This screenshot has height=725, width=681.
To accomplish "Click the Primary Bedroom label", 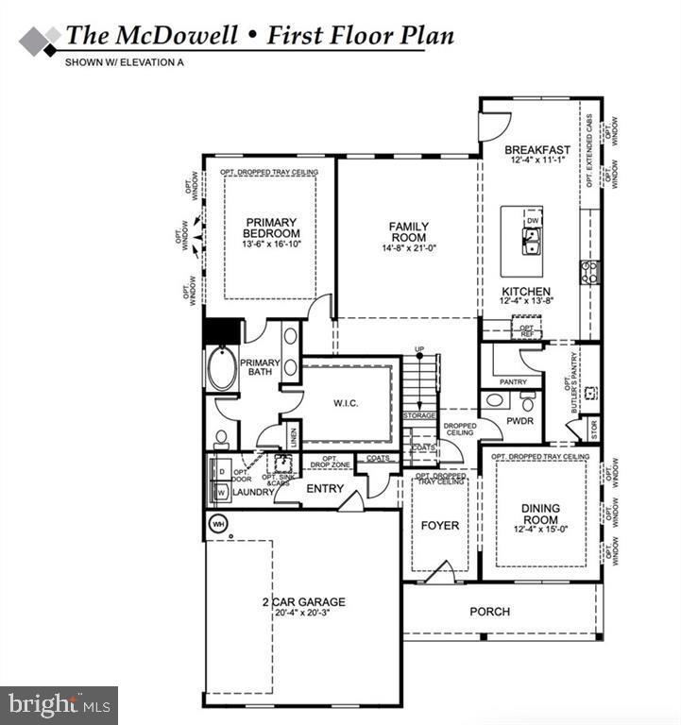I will point(271,228).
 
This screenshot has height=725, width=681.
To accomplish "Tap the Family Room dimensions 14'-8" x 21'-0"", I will point(408,248).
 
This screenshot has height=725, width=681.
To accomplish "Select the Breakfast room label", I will point(536,150).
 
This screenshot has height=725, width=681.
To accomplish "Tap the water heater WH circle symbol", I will point(217,522).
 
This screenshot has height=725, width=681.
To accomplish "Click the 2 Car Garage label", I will point(303,601).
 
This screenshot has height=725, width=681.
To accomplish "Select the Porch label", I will point(489,612).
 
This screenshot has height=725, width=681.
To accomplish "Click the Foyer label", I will point(439,525).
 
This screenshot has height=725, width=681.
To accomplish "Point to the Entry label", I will point(324,488).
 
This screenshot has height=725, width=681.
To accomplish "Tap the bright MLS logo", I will point(59,704).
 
